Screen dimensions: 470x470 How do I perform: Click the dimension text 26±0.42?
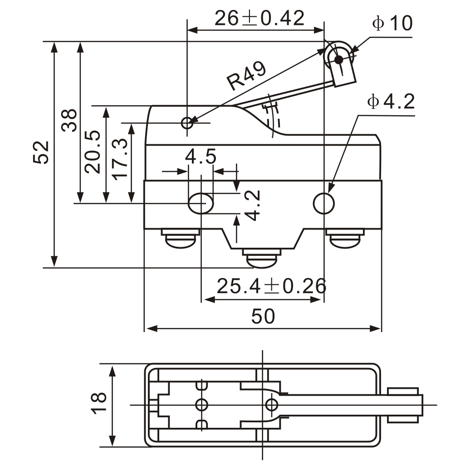(259, 18)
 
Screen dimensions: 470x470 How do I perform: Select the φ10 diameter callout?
(392, 24)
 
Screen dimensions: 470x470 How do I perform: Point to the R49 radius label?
(246, 76)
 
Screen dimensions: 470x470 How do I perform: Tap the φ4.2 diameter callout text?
(391, 103)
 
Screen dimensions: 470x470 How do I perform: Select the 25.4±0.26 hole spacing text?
(271, 286)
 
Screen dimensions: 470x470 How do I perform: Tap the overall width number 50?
(263, 317)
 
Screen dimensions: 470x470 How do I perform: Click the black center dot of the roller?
(338, 59)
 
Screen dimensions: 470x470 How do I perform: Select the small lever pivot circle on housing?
(187, 122)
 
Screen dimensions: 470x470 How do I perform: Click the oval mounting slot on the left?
(201, 204)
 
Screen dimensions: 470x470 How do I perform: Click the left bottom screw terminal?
(180, 238)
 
